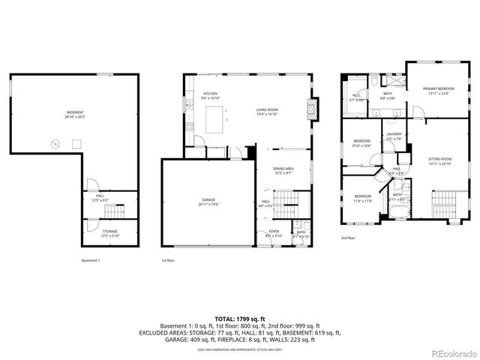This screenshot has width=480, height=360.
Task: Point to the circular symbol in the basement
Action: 54,145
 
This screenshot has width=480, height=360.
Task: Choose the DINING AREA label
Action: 283,170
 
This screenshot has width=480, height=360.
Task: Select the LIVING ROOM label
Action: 267,111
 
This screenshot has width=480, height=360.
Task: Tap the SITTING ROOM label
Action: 440,160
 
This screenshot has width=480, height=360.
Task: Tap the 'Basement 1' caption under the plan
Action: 90,260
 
